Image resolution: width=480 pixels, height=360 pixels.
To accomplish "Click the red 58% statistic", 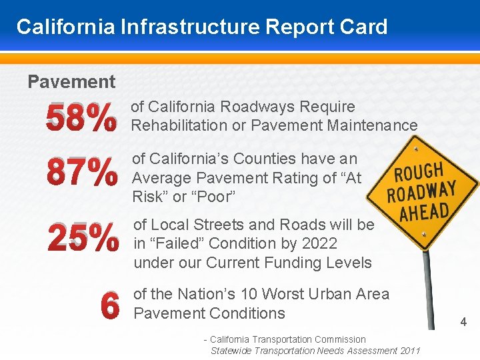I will [x=81, y=118].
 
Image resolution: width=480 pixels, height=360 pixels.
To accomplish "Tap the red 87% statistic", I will [x=81, y=173].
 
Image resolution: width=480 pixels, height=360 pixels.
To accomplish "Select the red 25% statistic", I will [x=83, y=238].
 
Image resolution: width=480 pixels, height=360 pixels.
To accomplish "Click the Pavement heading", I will [x=71, y=82].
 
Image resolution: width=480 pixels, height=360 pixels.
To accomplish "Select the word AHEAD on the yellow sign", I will [x=424, y=213].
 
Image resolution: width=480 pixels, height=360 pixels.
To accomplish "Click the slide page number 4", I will [x=463, y=323].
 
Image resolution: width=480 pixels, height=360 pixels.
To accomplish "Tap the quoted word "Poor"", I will [x=214, y=197].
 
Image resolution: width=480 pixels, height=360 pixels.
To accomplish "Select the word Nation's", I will [x=195, y=294].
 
